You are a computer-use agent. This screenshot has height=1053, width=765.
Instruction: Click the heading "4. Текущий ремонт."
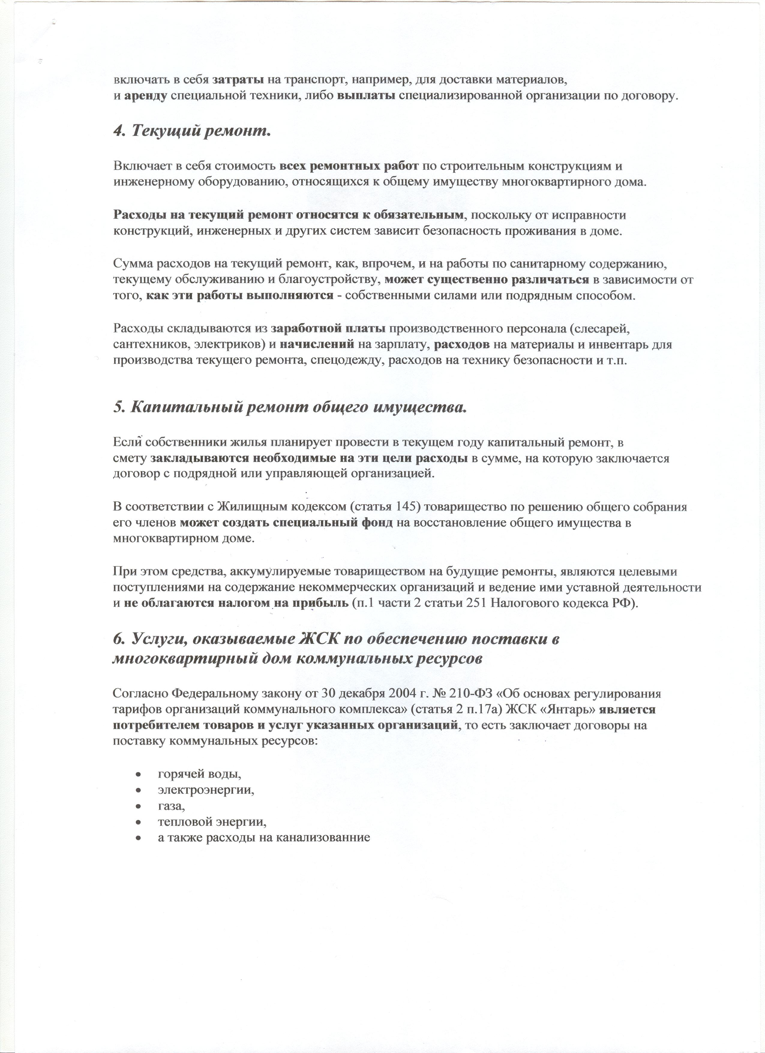pyautogui.click(x=192, y=131)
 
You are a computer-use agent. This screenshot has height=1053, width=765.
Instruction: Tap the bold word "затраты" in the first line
pyautogui.click(x=238, y=80)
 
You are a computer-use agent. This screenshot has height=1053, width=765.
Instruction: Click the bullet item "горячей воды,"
pyautogui.click(x=200, y=774)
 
